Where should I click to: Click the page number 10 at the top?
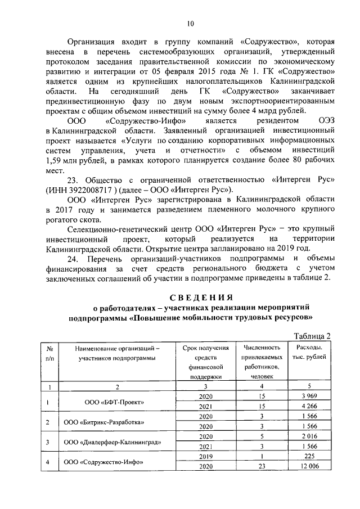[190, 23]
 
